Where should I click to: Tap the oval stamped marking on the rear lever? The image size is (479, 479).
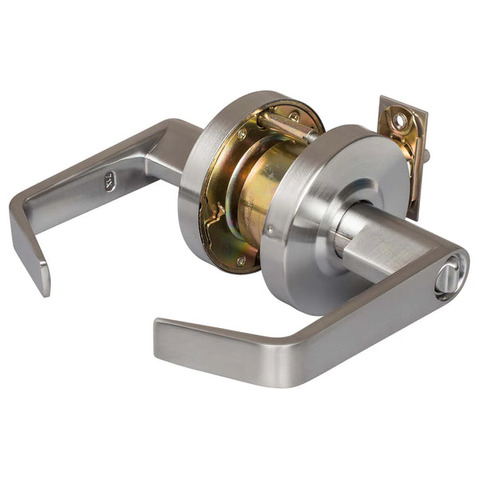[x=109, y=180]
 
